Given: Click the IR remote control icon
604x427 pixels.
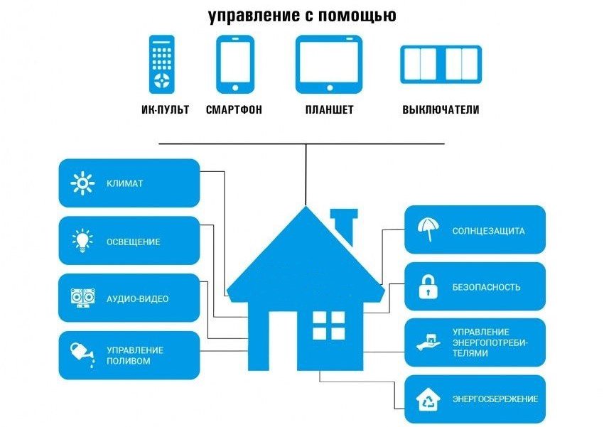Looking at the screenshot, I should coord(161,64).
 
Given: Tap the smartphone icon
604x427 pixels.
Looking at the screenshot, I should coord(234,63).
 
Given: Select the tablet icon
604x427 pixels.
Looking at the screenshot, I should coord(328,63).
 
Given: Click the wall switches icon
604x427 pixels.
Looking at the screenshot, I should coord(441,64).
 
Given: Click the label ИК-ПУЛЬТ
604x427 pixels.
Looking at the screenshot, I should coord(165,110).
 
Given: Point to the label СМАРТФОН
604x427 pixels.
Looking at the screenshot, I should coord(234,110).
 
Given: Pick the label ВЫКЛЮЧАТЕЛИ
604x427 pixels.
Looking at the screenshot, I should coord(441,110).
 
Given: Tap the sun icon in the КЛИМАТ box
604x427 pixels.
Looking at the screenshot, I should coord(82,183).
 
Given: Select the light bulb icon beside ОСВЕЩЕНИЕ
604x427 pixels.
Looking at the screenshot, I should coord(82,242).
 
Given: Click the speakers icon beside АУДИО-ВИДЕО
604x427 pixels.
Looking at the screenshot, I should coord(82,298).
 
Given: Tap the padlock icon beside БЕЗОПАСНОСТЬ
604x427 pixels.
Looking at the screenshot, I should coord(428,288).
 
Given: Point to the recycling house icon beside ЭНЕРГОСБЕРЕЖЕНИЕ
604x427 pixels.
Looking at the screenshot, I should coord(428,399).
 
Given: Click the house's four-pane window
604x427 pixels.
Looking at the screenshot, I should coord(328,325).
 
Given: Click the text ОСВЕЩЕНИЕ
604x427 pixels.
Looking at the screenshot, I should coord(133,242).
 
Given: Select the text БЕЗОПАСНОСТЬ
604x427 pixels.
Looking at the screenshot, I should coord(486,288).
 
